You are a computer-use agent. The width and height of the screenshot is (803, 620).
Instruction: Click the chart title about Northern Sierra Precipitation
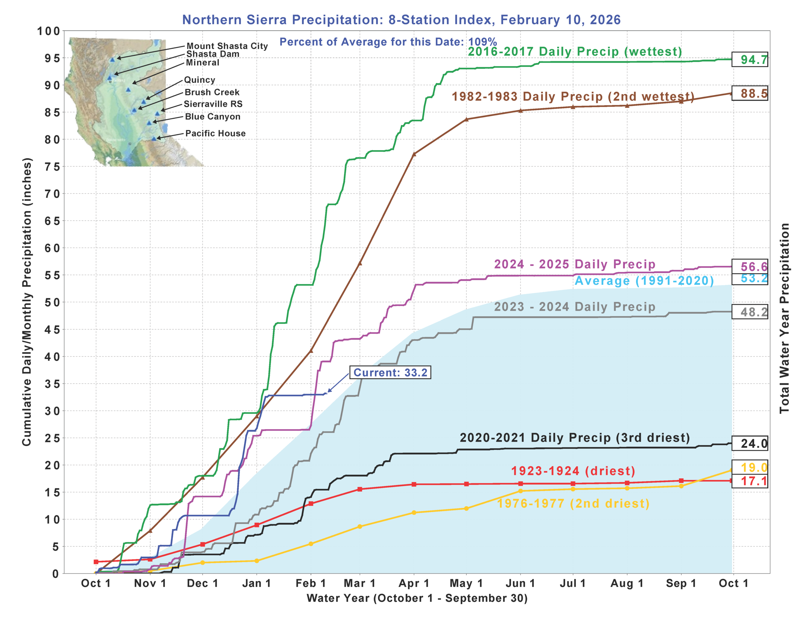click(x=401, y=20)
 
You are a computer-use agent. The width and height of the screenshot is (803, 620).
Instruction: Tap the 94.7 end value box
click(x=749, y=59)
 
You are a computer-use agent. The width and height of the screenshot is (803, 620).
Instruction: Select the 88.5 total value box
click(x=749, y=93)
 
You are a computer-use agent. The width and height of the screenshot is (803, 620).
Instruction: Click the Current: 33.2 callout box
click(x=390, y=372)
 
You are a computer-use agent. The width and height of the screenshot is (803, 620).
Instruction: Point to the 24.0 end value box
click(x=749, y=443)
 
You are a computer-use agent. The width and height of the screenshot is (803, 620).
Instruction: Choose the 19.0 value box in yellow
click(x=749, y=467)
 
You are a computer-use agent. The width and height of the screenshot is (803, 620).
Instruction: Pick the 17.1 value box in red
click(x=749, y=481)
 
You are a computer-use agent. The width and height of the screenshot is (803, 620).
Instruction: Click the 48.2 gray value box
click(x=749, y=312)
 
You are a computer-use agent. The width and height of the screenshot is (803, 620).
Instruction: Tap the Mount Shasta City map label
click(x=227, y=46)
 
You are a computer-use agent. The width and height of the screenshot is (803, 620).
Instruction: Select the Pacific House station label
click(x=215, y=134)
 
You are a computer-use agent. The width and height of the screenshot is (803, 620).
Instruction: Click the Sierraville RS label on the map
click(x=213, y=104)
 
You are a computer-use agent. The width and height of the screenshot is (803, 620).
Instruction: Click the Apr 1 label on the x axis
click(x=414, y=583)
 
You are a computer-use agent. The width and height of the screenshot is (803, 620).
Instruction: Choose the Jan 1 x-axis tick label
click(x=257, y=583)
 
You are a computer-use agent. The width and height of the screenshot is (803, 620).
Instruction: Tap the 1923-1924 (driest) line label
click(x=573, y=471)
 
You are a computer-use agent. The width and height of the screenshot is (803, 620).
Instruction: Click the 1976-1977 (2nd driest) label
click(x=573, y=503)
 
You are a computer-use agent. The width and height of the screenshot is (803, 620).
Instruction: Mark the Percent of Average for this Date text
click(x=388, y=42)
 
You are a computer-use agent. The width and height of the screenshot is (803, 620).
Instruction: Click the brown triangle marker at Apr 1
click(x=414, y=154)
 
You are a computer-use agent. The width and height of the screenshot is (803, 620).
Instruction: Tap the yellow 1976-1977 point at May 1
click(x=466, y=509)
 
